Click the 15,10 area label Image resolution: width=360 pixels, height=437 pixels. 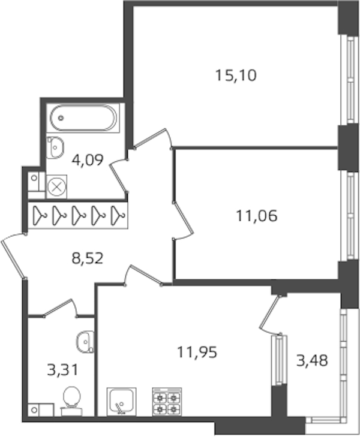236,76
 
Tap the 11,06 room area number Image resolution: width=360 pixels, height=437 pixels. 257,216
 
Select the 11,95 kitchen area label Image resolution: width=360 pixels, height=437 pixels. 197,352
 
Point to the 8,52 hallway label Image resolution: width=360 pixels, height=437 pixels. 88,258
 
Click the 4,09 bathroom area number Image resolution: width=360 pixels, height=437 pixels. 88,160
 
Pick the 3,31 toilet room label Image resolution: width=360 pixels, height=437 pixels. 63,370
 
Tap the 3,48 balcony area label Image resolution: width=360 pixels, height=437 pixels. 312,361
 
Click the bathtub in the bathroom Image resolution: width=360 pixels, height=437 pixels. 83,118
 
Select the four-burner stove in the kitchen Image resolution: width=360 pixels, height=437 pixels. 167,402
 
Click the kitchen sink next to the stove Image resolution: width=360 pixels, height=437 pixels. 122,402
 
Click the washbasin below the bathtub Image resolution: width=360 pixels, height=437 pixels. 55,147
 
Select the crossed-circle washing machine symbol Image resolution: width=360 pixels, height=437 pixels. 57,186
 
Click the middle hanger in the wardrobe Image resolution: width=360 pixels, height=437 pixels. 79,215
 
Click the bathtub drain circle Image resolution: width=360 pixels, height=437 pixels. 61,118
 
